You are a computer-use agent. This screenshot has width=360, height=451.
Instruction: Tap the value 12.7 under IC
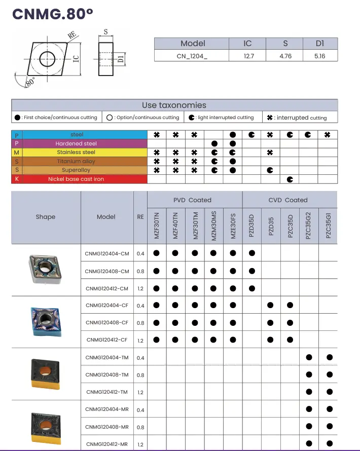tap(248, 56)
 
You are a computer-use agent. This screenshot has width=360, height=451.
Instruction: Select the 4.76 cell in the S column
tap(285, 56)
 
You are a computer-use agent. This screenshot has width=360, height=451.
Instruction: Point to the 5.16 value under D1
tap(319, 56)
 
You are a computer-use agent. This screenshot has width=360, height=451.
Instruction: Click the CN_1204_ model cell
tap(192, 56)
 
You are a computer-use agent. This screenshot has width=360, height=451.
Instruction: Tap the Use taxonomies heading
tap(174, 105)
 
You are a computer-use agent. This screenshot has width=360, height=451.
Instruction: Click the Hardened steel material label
tap(76, 144)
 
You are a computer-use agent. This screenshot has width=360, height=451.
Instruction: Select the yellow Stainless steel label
tap(76, 153)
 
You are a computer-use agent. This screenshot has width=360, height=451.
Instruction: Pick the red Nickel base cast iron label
tap(76, 179)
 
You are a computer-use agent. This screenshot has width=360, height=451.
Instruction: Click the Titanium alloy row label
tap(76, 161)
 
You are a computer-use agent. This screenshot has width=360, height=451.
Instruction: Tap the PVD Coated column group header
tap(192, 200)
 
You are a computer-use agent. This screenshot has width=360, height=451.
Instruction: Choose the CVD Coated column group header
tap(288, 200)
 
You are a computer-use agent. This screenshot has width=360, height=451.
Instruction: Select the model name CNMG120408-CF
tap(107, 323)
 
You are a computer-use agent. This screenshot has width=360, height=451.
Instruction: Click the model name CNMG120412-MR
tap(107, 444)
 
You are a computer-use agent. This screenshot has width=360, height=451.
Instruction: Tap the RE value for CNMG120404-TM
tap(140, 358)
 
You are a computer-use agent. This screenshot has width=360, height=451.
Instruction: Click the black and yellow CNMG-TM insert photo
tap(46, 375)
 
